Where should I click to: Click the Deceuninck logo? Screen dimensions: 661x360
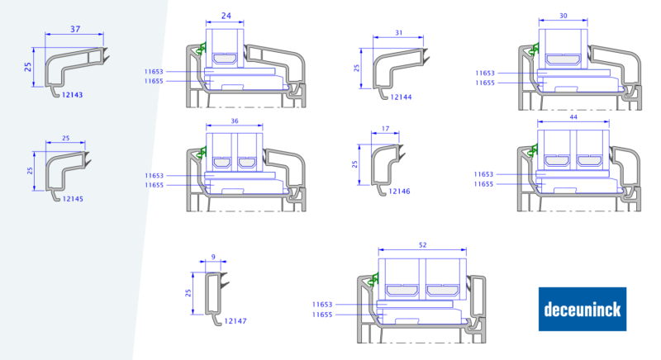[x=583, y=309]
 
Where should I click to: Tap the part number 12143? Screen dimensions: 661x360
[x=72, y=95]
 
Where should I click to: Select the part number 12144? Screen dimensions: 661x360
[x=401, y=97]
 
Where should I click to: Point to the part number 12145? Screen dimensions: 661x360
[x=73, y=199]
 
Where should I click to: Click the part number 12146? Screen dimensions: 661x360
[x=399, y=192]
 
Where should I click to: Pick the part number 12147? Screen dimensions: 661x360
[x=235, y=321]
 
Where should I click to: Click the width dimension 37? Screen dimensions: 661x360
[x=75, y=29]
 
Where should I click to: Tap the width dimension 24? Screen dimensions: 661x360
[x=226, y=16]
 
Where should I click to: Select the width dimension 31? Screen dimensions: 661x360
[x=399, y=32]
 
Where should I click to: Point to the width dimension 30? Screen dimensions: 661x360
[x=564, y=16]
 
